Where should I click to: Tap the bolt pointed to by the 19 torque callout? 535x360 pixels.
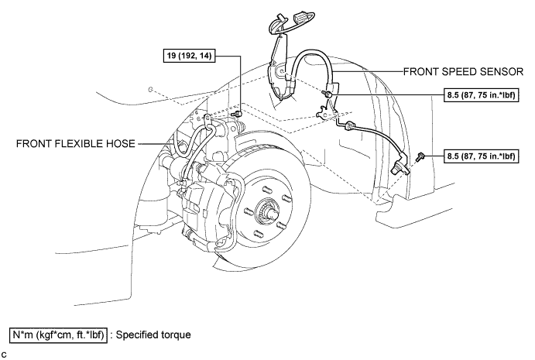(238, 113)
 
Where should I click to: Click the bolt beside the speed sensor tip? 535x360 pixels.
(421, 157)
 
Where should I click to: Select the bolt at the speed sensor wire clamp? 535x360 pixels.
(328, 94)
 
